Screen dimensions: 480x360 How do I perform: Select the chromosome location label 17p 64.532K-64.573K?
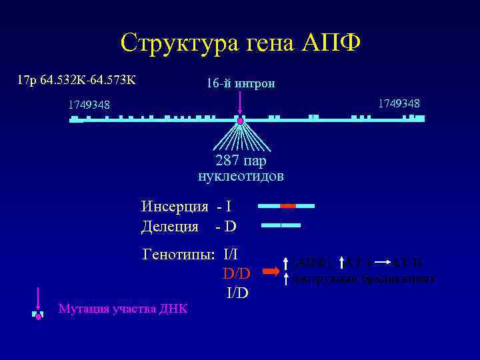point(77,81)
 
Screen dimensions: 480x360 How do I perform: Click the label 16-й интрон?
point(241,84)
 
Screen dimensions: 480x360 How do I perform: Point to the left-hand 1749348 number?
point(89,105)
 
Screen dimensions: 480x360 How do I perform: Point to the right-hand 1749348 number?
point(399,103)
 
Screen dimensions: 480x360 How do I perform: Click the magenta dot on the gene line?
point(241,121)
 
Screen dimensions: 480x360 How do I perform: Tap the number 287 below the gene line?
point(227,161)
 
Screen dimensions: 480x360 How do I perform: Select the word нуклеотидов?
point(241,176)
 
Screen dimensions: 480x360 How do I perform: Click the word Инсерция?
point(175,206)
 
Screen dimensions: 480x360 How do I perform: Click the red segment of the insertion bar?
point(287,206)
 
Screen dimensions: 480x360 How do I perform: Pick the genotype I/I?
point(231,254)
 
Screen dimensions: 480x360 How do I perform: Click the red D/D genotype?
point(236,273)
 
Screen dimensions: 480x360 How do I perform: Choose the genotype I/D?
point(237,292)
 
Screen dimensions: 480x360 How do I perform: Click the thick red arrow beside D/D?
point(271,272)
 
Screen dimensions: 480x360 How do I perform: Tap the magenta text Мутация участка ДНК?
point(123,309)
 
